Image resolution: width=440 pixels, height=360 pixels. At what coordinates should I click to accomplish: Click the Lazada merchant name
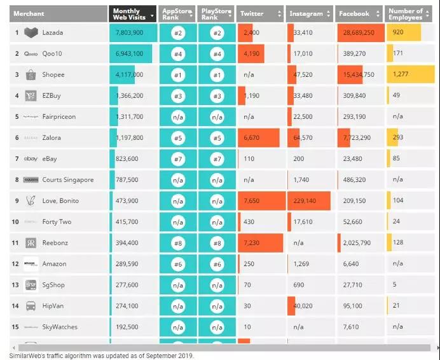pos(53,32)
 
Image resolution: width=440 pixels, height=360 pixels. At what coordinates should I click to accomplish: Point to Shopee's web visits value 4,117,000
pos(130,74)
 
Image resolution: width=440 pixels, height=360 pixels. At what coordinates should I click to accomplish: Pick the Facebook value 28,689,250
pos(360,32)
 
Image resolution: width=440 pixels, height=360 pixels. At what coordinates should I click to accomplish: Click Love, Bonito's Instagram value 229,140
pos(306,200)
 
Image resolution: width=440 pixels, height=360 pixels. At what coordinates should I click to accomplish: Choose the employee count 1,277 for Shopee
pos(401,74)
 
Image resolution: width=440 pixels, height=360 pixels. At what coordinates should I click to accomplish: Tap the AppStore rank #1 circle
pos(177,74)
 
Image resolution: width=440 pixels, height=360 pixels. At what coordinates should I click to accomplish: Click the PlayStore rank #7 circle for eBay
pos(217,158)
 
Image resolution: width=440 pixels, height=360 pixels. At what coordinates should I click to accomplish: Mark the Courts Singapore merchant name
pos(67,179)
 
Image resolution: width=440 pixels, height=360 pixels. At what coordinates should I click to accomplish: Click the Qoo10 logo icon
pos(31,53)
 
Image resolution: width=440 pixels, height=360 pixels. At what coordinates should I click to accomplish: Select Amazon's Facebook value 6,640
pos(352,263)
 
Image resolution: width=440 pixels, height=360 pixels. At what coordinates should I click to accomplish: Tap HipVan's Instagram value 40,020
pos(305,305)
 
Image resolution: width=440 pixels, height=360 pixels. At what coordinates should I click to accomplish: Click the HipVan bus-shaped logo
pos(31,305)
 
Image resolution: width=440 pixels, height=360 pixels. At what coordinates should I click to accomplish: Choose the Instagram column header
pos(306,13)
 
